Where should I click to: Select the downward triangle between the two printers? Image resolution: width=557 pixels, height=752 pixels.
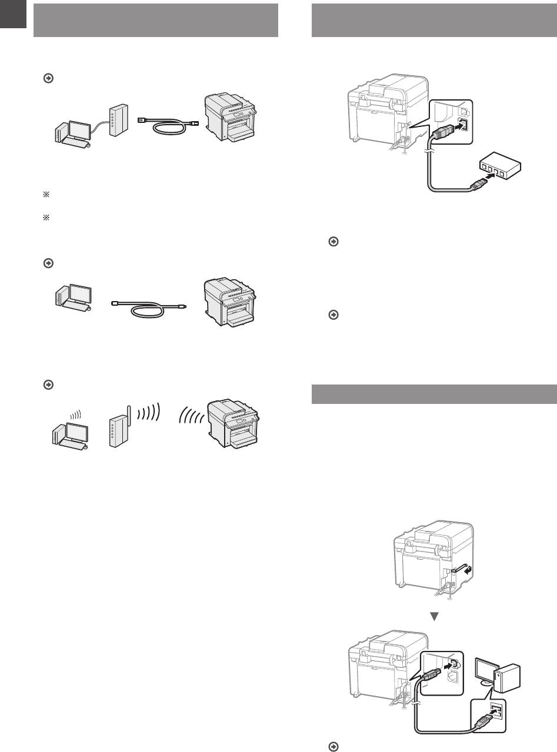[436, 617]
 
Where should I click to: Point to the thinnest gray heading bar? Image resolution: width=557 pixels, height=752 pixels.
[433, 395]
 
